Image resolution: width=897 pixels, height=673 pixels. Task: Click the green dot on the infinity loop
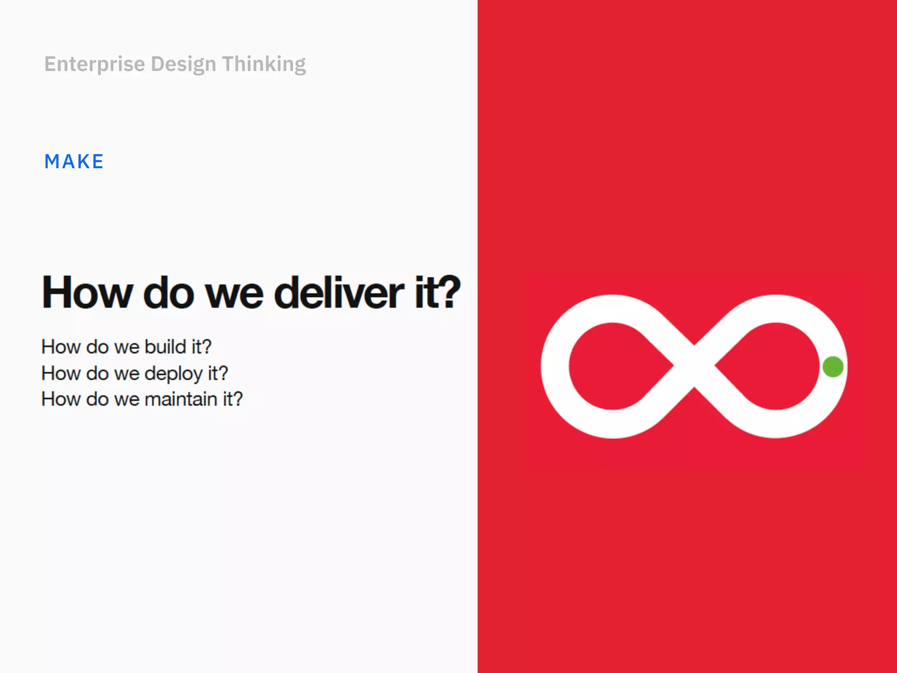833,367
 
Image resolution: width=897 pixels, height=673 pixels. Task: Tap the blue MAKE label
74,162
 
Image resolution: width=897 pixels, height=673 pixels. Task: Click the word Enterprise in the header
95,64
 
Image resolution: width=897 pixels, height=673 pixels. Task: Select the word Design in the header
184,64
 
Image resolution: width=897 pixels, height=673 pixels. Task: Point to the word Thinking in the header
264,64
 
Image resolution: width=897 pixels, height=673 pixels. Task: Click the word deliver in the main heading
339,293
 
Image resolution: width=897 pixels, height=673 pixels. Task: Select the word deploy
173,374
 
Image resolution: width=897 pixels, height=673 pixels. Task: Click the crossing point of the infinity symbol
694,367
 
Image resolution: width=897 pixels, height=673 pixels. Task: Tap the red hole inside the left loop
613,367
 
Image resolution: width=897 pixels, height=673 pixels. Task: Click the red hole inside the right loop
771,367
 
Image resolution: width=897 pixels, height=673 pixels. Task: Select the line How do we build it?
126,347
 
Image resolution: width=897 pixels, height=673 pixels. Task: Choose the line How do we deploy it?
134,374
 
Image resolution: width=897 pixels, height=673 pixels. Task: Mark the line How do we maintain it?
142,399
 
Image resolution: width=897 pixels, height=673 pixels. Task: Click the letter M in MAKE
52,162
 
